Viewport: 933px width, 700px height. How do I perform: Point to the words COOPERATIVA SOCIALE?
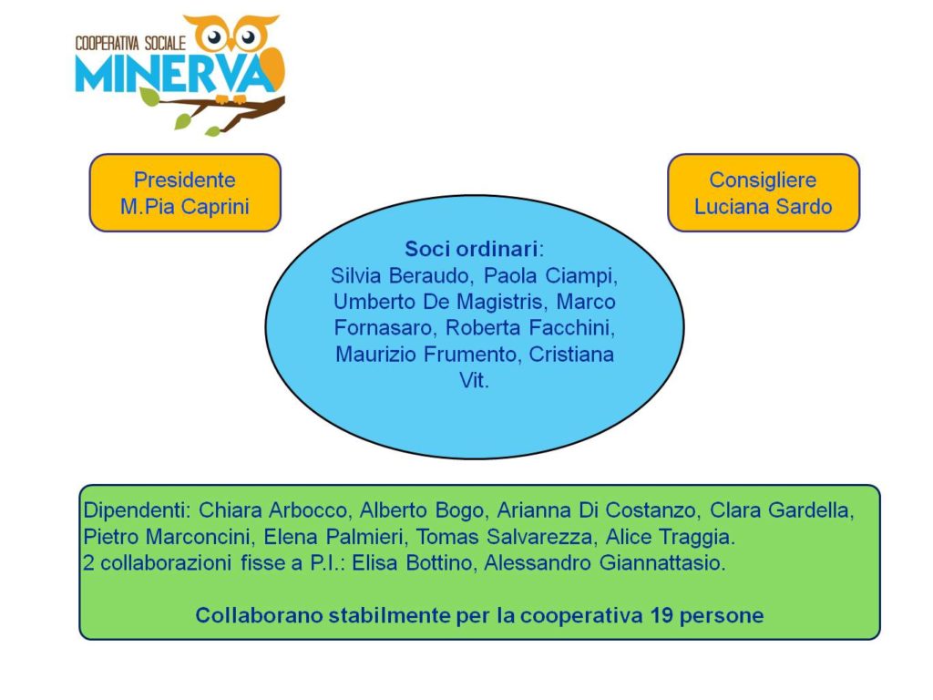130,43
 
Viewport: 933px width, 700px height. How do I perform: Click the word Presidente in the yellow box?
184,180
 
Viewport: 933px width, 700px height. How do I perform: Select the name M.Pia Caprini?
184,207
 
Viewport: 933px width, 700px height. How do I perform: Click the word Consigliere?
763,180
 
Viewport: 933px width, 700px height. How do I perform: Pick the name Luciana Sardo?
763,207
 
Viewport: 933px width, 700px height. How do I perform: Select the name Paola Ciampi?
549,275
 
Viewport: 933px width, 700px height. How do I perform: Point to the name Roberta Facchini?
528,328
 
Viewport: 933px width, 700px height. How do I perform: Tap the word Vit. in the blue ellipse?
474,380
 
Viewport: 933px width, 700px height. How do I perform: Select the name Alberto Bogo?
422,510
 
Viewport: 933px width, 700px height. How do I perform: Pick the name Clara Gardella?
781,510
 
